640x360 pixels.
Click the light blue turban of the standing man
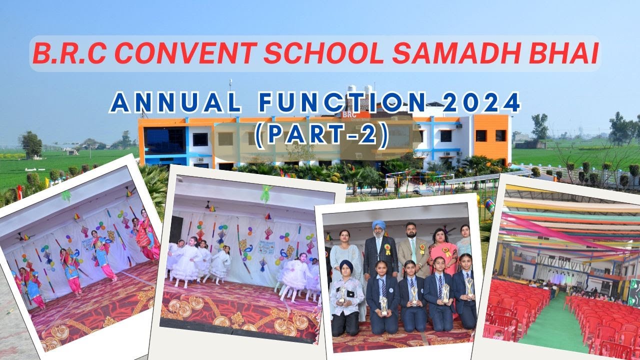[x=379, y=224]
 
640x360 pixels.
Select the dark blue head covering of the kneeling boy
[x=346, y=265]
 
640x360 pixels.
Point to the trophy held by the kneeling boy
[x=342, y=295]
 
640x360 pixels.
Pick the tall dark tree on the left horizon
[x=31, y=143]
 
